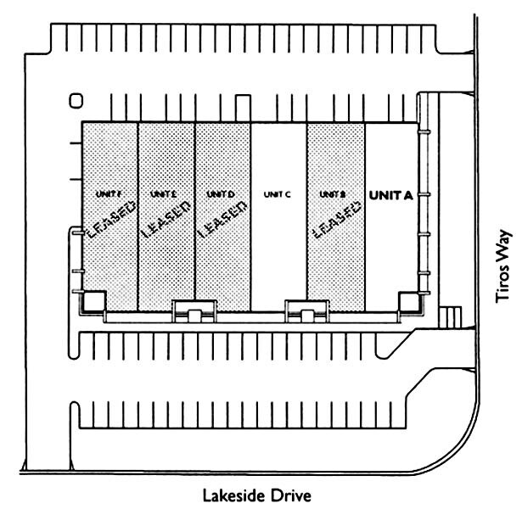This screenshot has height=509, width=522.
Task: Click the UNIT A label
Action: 390,195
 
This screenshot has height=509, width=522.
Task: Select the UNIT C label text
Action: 278,194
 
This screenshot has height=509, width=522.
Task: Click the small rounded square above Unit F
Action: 76,101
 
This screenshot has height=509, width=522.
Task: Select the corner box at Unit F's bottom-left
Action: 93,300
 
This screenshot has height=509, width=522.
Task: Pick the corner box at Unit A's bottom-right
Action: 408,300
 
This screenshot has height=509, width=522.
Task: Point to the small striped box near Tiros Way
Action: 451,316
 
